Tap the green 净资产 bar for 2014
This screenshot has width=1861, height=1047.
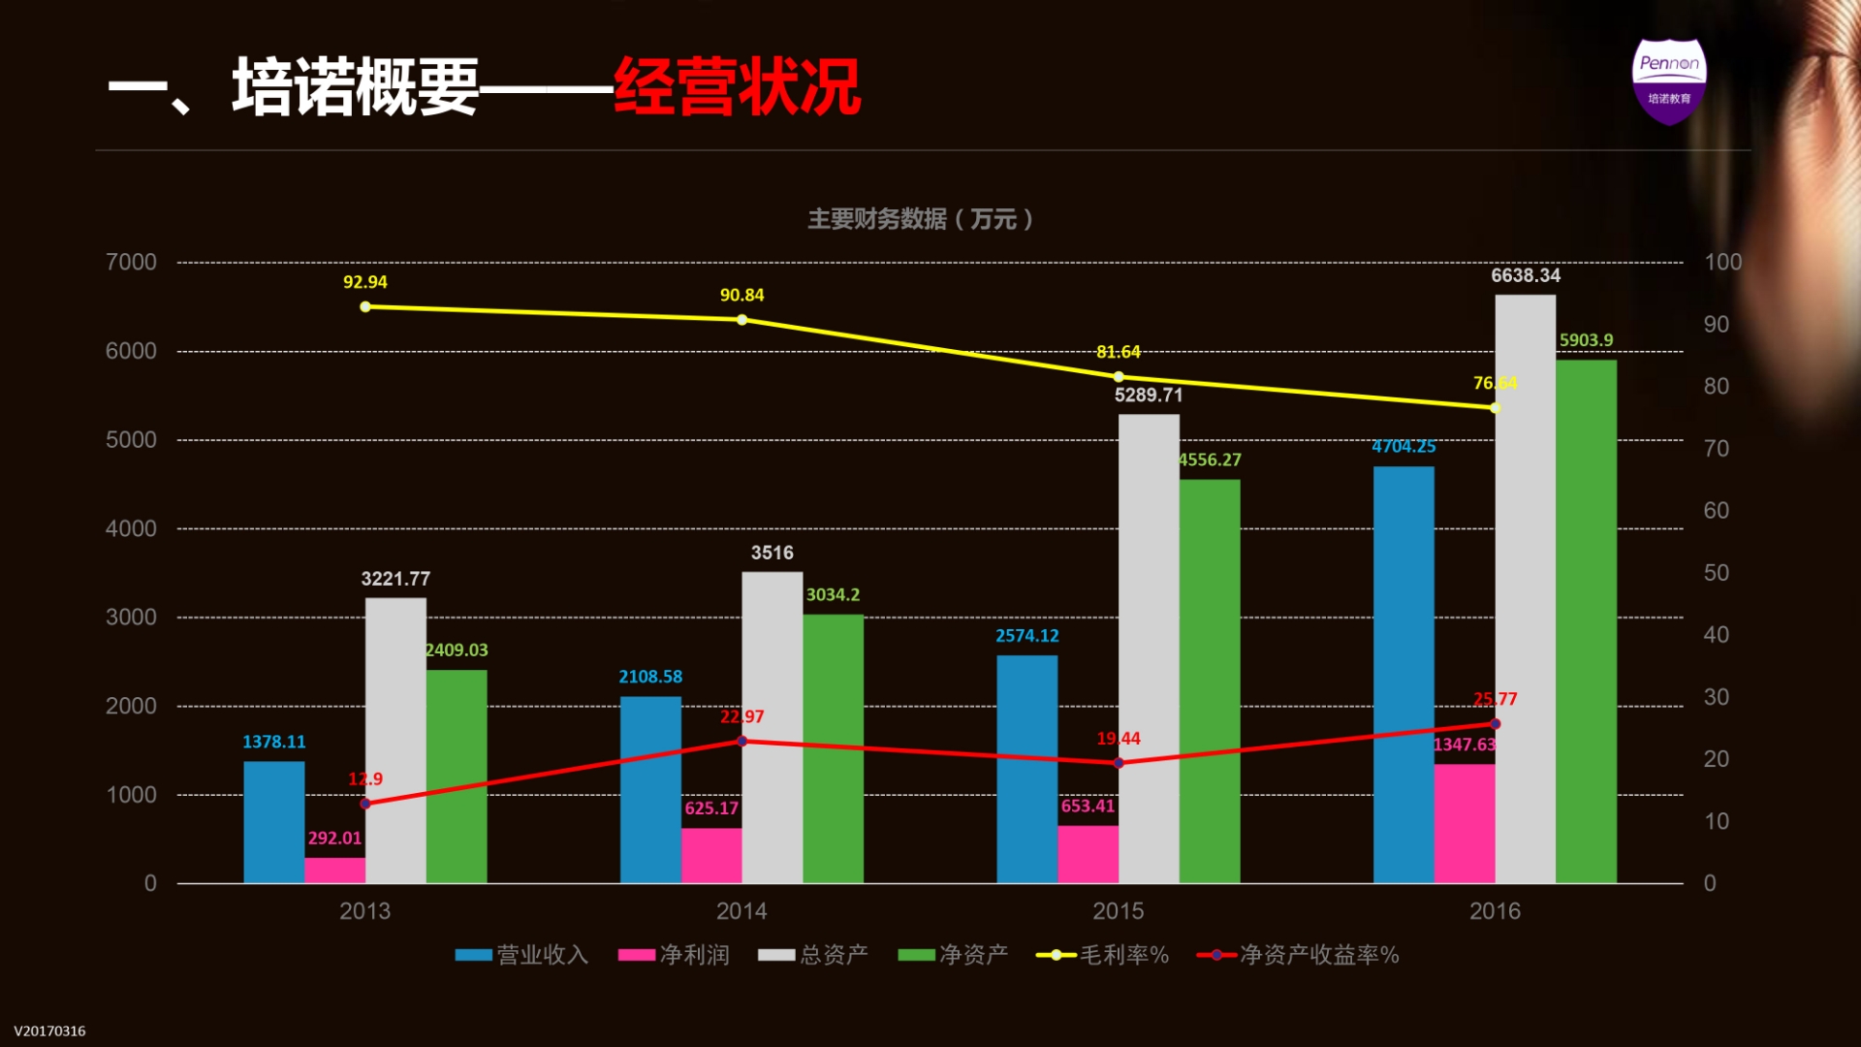point(833,747)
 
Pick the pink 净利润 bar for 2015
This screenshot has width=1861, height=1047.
point(1088,853)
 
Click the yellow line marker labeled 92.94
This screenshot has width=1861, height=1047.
point(365,306)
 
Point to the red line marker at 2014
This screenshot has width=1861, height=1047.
point(742,741)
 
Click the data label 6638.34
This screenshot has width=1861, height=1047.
point(1526,275)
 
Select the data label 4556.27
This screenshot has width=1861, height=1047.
point(1210,460)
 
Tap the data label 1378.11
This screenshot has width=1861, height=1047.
point(273,742)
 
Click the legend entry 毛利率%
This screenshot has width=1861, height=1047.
point(1103,955)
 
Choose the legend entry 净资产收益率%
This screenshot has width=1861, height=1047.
point(1299,955)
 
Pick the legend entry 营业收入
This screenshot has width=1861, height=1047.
point(522,955)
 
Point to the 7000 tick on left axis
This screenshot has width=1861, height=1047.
point(131,262)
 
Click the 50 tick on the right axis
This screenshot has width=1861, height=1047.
point(1716,573)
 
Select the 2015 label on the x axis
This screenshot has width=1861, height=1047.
point(1118,910)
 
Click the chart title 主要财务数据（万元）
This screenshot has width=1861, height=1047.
point(921,219)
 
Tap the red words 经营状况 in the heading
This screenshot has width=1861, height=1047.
point(737,87)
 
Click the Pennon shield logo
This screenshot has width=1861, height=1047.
point(1668,81)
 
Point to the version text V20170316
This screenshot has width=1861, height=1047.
point(49,1031)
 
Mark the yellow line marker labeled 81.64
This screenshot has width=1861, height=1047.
point(1119,377)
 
